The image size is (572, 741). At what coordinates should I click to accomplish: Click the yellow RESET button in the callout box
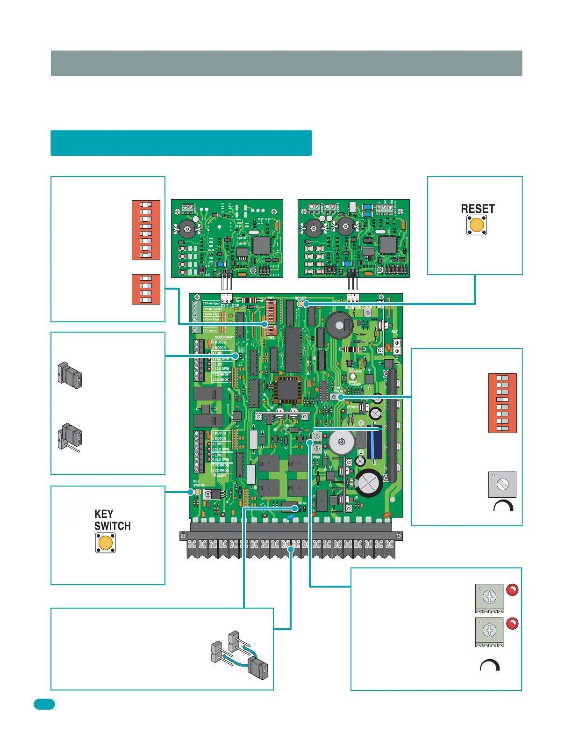click(477, 225)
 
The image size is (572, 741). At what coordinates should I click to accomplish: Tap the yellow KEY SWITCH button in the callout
click(106, 543)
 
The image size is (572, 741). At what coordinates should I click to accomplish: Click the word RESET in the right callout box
click(478, 209)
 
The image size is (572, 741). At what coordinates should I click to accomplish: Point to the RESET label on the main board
click(300, 298)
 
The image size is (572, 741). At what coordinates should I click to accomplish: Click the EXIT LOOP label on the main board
click(230, 306)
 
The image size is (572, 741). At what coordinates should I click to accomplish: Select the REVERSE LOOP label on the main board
click(358, 308)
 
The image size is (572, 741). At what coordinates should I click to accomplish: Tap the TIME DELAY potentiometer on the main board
click(334, 397)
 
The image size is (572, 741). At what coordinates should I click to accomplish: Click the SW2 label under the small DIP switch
click(271, 337)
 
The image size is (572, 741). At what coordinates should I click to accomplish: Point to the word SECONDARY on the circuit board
click(224, 337)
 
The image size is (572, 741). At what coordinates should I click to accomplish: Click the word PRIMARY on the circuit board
click(219, 476)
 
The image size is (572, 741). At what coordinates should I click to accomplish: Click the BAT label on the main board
click(394, 332)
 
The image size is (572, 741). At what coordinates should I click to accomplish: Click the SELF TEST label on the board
click(242, 350)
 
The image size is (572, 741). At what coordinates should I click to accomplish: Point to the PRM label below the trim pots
click(316, 457)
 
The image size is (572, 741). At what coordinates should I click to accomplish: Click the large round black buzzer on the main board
click(339, 325)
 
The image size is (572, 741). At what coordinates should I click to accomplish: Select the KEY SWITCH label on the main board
click(199, 483)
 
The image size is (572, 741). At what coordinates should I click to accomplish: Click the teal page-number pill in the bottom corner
click(44, 704)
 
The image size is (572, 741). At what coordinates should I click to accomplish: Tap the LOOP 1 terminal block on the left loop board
click(188, 207)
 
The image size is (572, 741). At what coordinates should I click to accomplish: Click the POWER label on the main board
click(353, 407)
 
